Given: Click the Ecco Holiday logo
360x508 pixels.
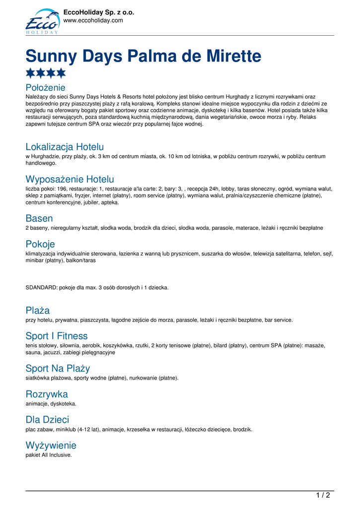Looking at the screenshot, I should click(42, 21).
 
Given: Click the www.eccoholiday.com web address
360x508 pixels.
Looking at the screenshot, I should click(93, 20).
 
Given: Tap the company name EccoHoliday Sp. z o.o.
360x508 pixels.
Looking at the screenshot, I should click(99, 12).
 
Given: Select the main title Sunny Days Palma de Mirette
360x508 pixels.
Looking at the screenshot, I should click(143, 56).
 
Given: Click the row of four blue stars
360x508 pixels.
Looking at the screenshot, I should click(46, 73).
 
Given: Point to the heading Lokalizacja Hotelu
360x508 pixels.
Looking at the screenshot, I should click(65, 147).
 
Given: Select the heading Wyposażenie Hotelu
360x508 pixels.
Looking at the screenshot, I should click(70, 179).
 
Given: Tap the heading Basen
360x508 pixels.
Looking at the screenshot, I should click(39, 218).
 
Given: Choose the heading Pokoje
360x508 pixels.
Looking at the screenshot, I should click(40, 244).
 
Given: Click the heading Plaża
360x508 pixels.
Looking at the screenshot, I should click(38, 311).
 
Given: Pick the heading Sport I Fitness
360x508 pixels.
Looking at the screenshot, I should click(57, 336).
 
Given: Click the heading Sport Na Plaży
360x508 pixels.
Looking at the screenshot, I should click(58, 368).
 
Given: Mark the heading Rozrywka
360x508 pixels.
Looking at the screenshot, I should click(47, 394).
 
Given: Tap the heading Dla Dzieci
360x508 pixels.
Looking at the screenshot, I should click(47, 420).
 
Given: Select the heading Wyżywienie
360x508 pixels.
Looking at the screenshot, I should click(51, 445).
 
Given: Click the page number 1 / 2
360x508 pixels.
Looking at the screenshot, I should click(323, 495).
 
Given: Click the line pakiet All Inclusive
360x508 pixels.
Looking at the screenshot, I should click(49, 455).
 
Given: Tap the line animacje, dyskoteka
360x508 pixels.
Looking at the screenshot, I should click(51, 404).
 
